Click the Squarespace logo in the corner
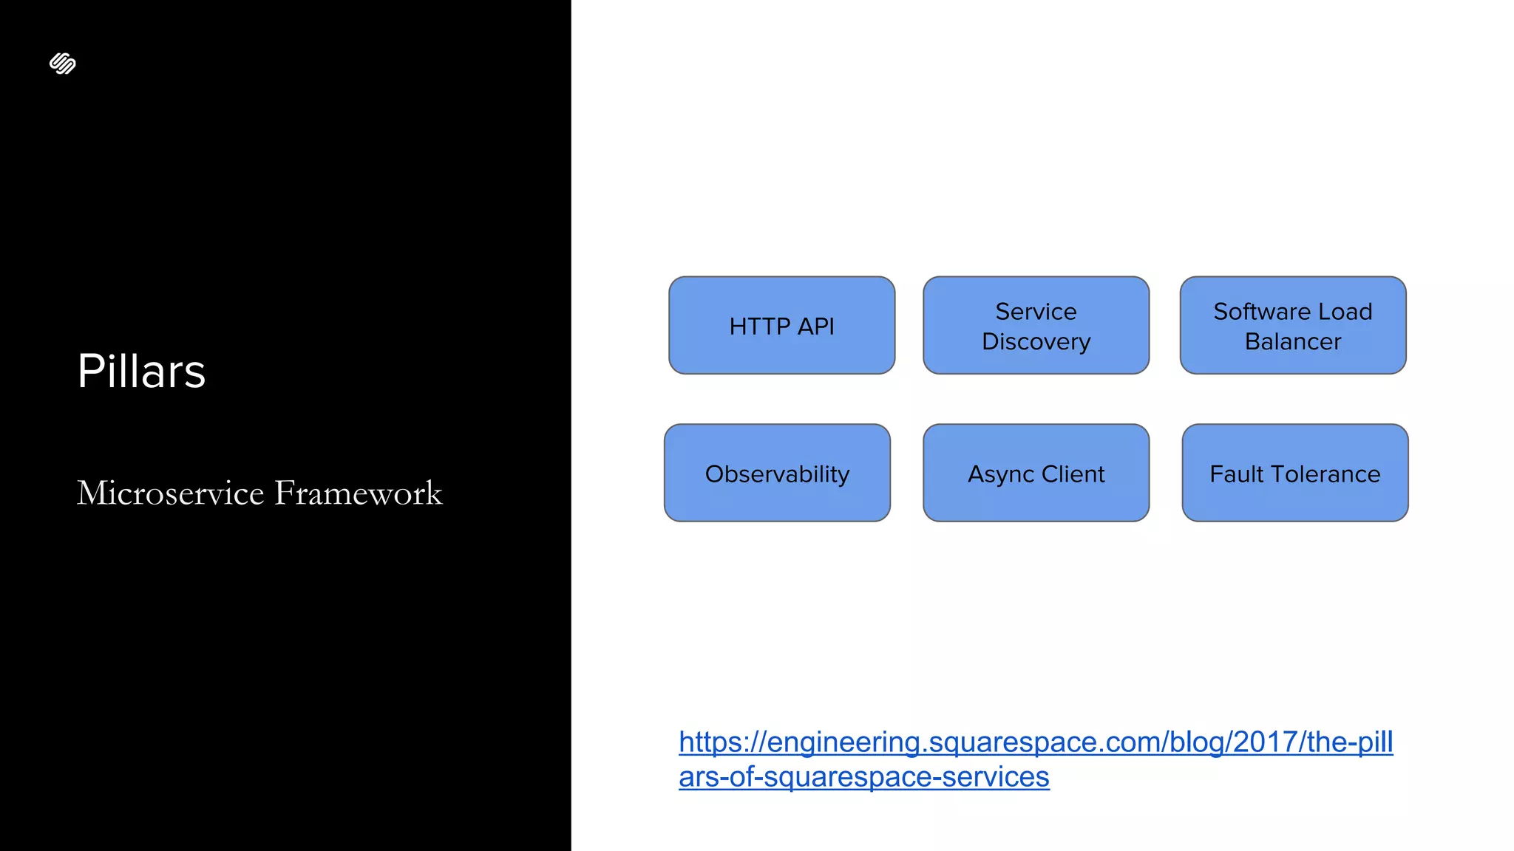pos(63,64)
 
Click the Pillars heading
pos(141,371)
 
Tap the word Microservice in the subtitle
pos(171,493)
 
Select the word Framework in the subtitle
pos(359,493)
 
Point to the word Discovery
pos(1036,342)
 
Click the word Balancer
pos(1292,342)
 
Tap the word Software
pos(1255,312)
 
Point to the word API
pos(815,327)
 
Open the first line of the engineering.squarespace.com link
pos(1035,742)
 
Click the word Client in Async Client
pos(1073,474)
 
